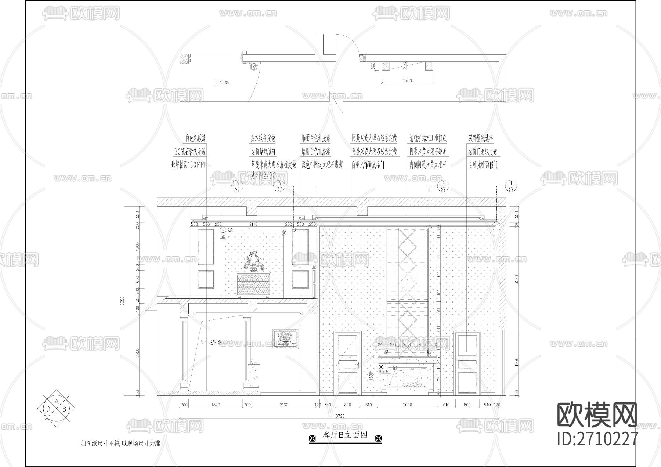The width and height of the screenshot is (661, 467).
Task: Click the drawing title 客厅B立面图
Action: pos(345,436)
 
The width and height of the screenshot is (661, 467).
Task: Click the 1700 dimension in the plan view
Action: pos(407,81)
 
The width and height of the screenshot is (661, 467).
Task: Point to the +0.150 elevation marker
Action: pos(222,83)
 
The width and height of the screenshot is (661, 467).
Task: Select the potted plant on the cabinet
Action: pos(254,261)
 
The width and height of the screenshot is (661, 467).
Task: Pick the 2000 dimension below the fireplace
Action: pos(407,405)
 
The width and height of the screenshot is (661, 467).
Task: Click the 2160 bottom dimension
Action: pos(283,405)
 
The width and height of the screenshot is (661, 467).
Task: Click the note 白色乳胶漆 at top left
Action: pos(196,138)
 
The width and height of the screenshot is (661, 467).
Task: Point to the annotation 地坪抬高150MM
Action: pos(188,165)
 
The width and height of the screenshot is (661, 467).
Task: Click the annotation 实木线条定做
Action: pos(263,138)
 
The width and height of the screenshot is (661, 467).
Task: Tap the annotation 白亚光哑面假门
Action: pos(483,165)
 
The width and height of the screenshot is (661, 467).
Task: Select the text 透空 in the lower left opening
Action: pos(216,343)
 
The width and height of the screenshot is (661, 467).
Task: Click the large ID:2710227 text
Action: pos(597,439)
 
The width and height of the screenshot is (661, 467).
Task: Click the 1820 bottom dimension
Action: pos(216,405)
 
